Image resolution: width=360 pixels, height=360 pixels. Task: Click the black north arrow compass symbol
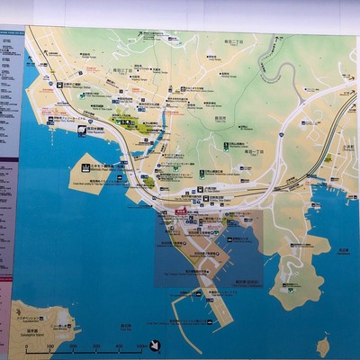[x=155, y=345]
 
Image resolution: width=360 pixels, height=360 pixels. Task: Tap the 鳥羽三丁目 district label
[x=121, y=68]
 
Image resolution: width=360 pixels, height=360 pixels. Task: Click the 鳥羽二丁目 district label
[x=240, y=40]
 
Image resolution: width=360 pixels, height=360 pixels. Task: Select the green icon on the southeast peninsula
[x=288, y=288]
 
